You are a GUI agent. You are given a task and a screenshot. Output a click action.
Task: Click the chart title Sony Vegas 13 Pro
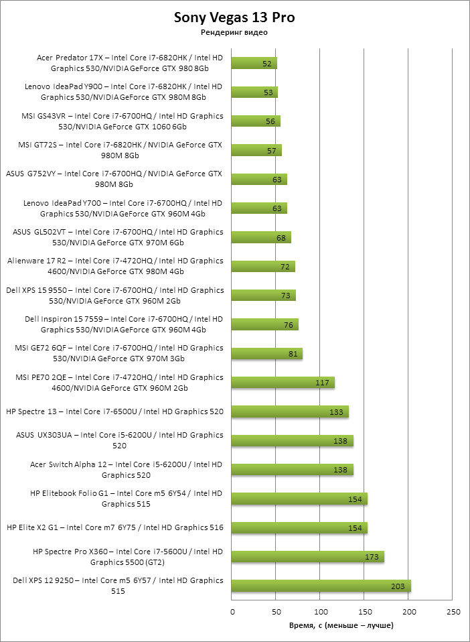(x=234, y=17)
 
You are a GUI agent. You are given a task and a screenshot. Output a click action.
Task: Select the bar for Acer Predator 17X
(x=254, y=63)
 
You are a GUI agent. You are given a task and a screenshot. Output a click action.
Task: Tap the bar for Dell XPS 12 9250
(x=321, y=586)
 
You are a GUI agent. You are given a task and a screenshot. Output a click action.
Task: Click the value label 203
(x=398, y=586)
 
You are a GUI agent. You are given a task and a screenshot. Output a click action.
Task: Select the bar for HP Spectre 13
(x=290, y=411)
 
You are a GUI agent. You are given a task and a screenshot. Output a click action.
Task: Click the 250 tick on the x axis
(x=453, y=612)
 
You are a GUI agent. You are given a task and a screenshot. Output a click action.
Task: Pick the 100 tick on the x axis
(x=321, y=612)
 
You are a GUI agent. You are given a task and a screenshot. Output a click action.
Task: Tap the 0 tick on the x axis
(x=232, y=612)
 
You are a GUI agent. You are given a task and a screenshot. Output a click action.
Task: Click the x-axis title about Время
(x=341, y=625)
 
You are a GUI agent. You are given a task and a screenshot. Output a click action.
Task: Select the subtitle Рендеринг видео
(x=234, y=33)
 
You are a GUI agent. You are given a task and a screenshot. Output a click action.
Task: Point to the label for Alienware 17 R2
(x=114, y=266)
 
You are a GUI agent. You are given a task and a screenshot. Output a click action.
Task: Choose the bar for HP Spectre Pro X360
(x=307, y=557)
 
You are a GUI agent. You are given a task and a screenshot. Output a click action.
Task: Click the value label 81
(x=293, y=354)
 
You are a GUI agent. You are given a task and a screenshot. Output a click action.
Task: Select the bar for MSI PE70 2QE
(x=283, y=383)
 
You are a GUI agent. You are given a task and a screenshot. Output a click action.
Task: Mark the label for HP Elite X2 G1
(x=114, y=527)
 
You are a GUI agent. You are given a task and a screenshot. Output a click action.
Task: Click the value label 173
(x=372, y=557)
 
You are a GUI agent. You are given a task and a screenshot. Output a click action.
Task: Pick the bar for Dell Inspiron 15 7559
(x=264, y=324)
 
